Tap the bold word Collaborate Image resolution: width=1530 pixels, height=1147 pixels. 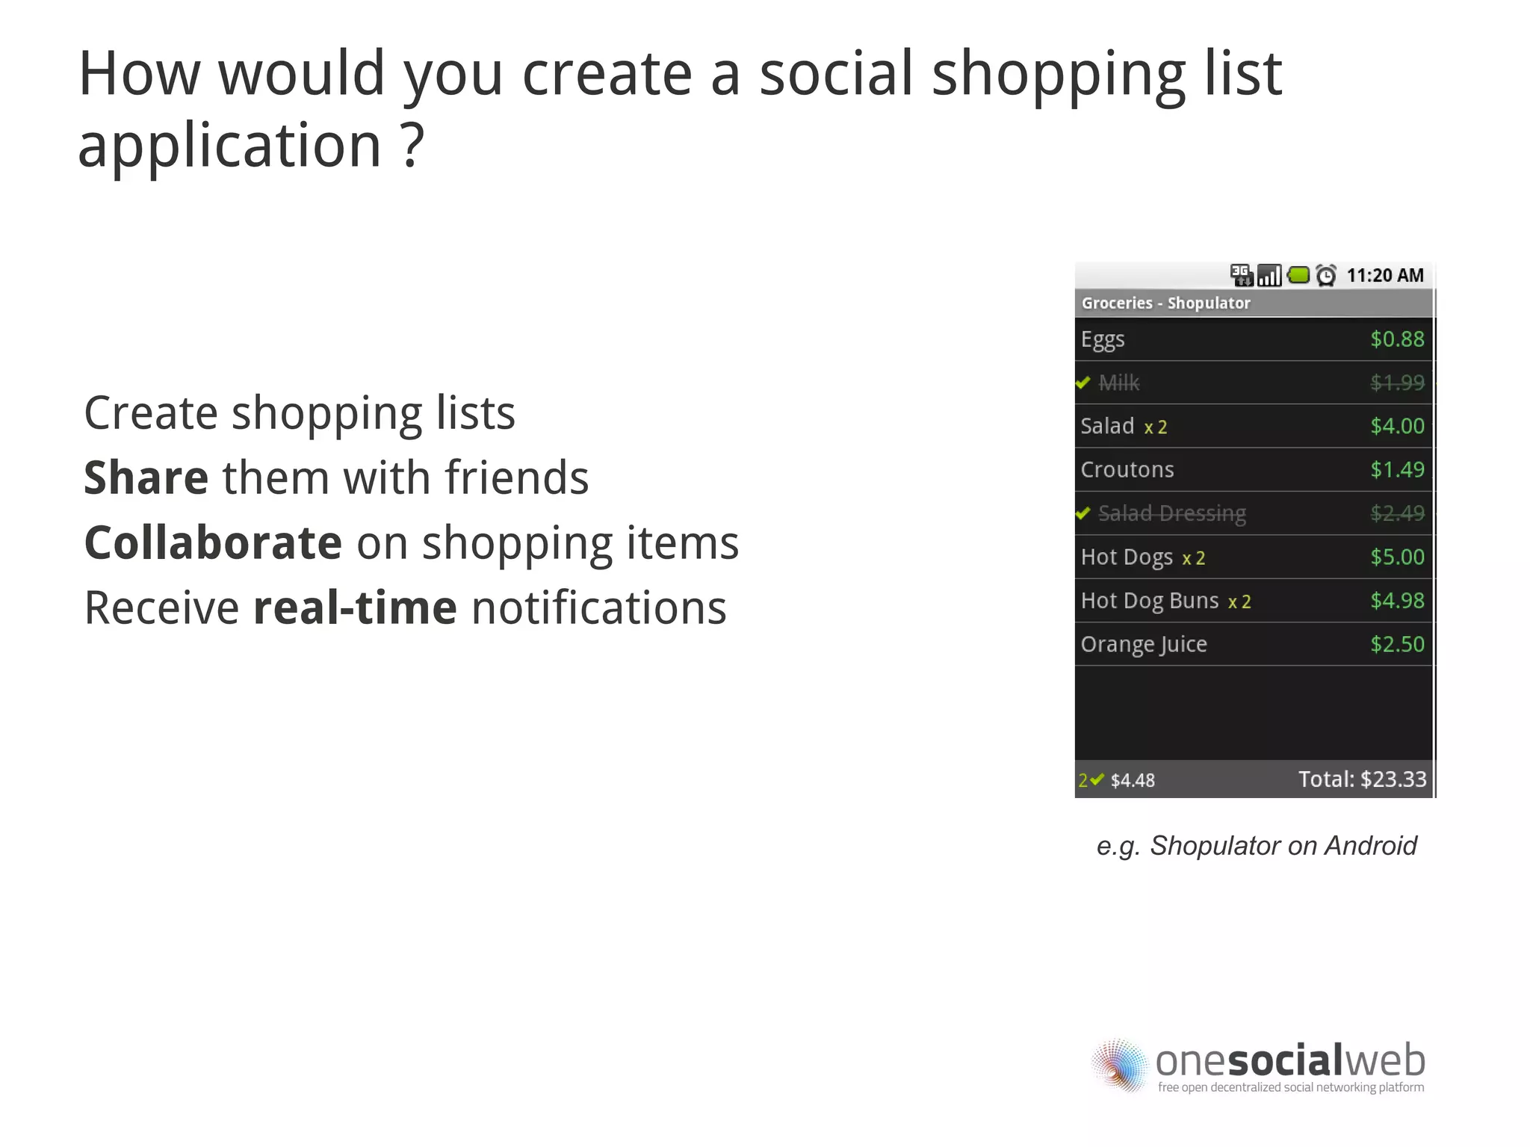[x=213, y=542]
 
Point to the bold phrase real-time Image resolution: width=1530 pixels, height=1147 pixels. [x=355, y=607]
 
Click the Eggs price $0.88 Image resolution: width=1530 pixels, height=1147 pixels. [x=1396, y=339]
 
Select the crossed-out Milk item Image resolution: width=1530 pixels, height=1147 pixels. [x=1118, y=383]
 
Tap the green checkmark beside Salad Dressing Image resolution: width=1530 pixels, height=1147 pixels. [x=1083, y=513]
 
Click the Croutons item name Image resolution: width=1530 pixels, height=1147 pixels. [x=1127, y=470]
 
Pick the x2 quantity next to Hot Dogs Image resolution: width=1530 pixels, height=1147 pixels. [x=1193, y=558]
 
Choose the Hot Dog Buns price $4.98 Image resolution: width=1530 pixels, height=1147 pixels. [x=1396, y=601]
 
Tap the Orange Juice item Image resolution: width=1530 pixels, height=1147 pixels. [x=1143, y=644]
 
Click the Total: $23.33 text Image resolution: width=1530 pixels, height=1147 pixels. [x=1362, y=779]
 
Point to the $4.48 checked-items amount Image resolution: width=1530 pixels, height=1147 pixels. [x=1132, y=781]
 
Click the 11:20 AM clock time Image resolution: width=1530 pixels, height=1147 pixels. [x=1384, y=276]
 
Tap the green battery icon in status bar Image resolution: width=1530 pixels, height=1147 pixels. [x=1299, y=275]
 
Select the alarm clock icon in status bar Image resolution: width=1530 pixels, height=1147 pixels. [x=1326, y=276]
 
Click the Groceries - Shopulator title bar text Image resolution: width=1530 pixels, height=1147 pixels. [x=1165, y=303]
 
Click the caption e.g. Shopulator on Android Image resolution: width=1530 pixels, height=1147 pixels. [x=1256, y=846]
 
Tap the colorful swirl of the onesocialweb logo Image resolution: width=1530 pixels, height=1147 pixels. [x=1119, y=1066]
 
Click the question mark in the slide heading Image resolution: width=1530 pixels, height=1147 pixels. [x=412, y=145]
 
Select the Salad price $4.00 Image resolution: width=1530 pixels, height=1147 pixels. [x=1396, y=426]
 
